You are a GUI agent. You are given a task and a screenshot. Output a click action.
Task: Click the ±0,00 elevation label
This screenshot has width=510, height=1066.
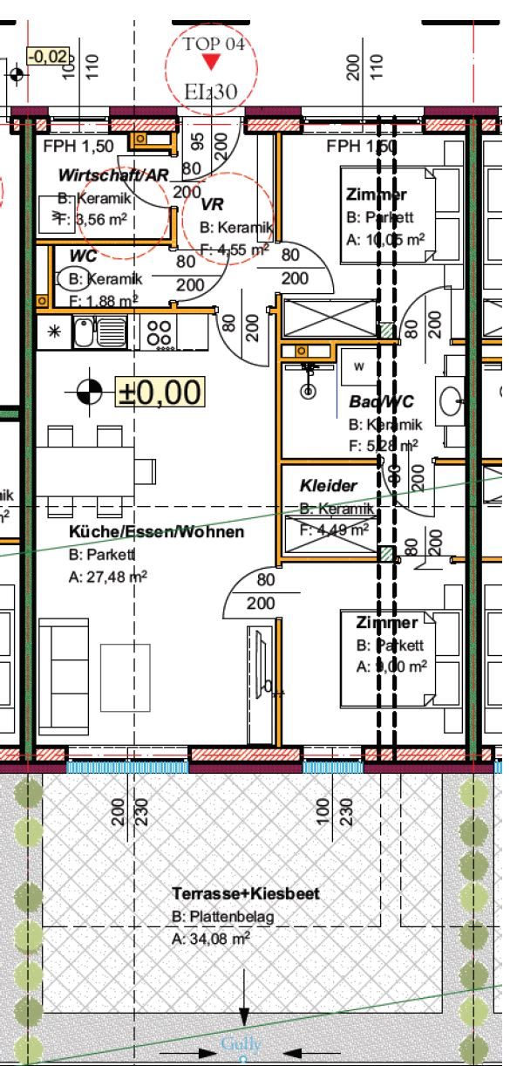(160, 392)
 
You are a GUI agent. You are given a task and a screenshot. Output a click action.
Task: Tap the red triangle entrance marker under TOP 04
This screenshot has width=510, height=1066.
(210, 62)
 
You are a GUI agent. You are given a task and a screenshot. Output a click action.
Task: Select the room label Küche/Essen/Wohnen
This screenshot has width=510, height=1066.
(157, 531)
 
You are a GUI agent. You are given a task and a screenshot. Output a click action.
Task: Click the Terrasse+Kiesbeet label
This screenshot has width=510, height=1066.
(246, 893)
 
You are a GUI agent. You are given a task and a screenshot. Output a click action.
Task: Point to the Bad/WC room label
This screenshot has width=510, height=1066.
(381, 402)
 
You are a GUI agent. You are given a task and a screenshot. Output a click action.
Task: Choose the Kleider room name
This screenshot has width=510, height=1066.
(329, 486)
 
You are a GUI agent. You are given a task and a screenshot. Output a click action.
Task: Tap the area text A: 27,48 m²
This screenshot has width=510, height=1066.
(108, 577)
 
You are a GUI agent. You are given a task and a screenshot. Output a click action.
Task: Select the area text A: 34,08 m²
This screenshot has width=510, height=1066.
(212, 939)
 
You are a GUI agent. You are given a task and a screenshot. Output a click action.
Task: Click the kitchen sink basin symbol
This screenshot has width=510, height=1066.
(84, 331)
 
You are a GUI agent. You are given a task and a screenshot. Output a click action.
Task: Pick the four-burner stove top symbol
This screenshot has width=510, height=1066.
(159, 331)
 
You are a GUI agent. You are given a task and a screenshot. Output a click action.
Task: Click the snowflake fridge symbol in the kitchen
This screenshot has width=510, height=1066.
(53, 331)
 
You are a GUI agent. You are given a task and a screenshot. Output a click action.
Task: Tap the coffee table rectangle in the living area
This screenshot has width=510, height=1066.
(126, 677)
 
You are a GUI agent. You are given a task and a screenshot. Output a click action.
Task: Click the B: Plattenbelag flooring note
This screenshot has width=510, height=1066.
(223, 917)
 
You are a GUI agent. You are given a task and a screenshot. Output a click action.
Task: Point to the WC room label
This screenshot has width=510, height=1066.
(85, 256)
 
